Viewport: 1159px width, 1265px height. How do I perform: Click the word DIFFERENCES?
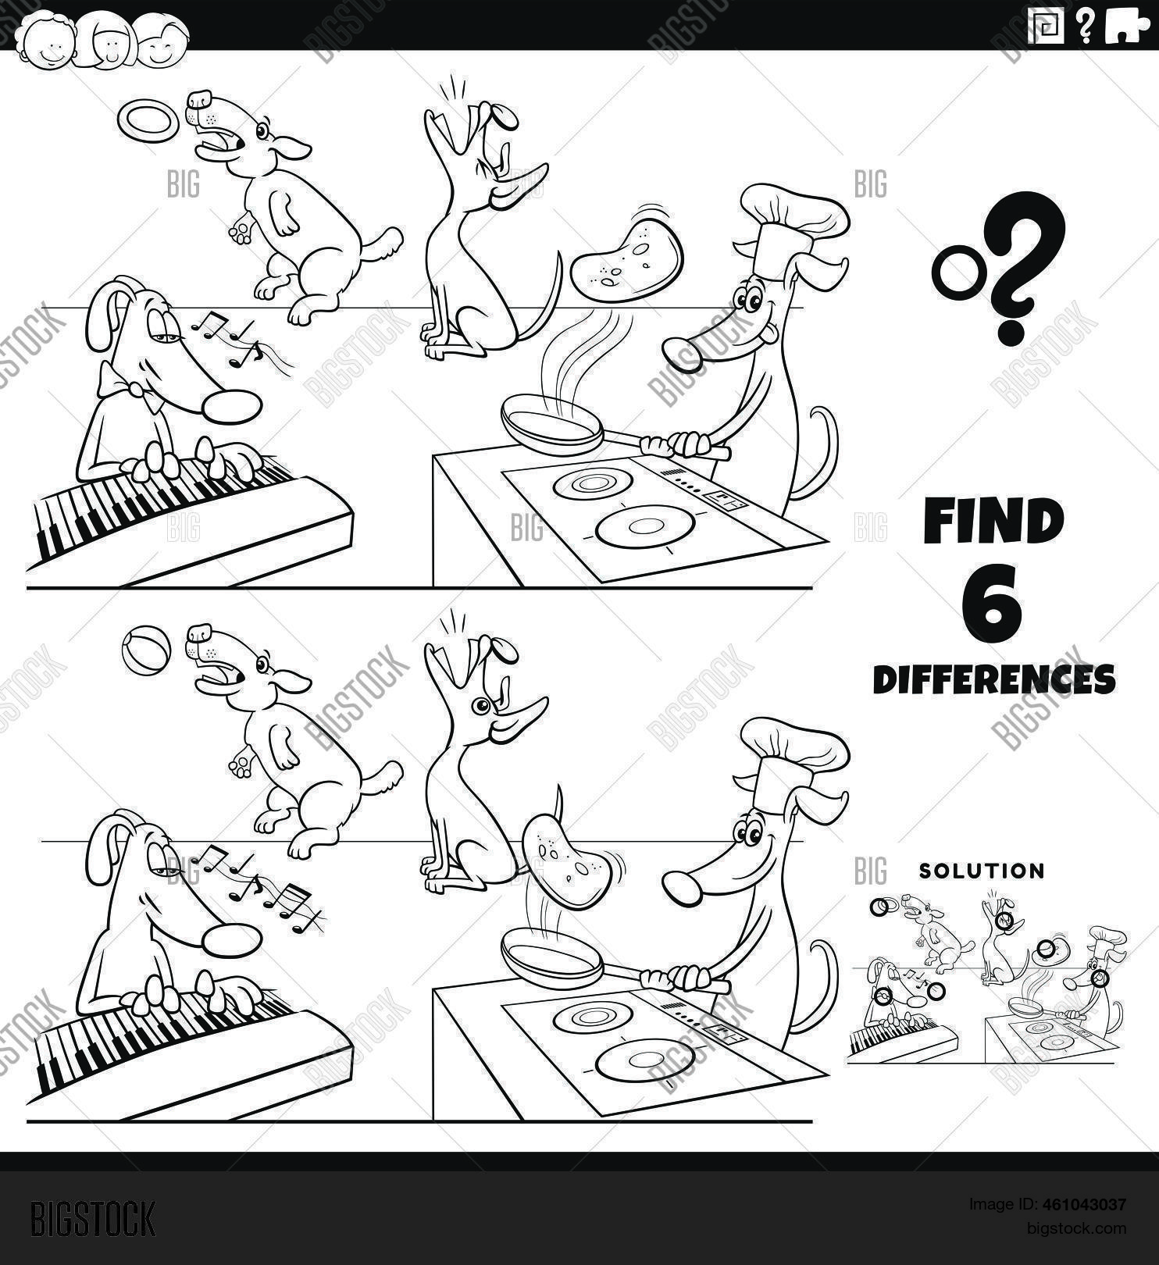pos(994,679)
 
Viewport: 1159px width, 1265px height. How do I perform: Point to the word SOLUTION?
pos(982,871)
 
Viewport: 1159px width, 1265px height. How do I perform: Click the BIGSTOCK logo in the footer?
pos(92,1219)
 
